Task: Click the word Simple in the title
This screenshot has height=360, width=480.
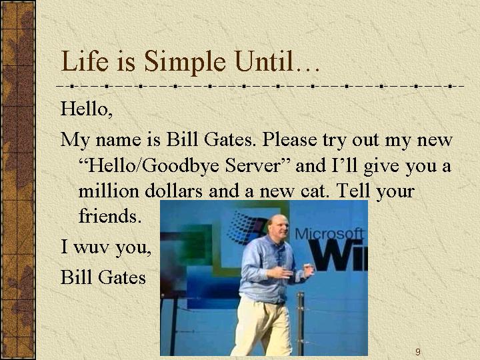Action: tap(185, 63)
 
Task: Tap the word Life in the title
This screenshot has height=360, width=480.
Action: tap(85, 61)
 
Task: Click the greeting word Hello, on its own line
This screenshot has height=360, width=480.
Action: tap(87, 109)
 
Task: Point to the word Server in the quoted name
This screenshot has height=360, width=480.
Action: tap(253, 165)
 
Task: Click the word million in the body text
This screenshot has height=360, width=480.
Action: tap(109, 191)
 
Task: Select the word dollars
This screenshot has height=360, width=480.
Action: tap(173, 191)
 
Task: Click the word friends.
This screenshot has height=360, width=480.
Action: tap(110, 215)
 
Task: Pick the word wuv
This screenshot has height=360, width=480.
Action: tap(91, 247)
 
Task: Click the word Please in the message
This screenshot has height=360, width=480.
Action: tap(289, 139)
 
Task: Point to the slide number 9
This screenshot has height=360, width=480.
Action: tap(418, 352)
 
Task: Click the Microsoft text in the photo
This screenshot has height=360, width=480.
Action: tap(329, 234)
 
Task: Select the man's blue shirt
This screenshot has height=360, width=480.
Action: tap(266, 269)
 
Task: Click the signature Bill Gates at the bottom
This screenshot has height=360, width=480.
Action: tap(103, 277)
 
